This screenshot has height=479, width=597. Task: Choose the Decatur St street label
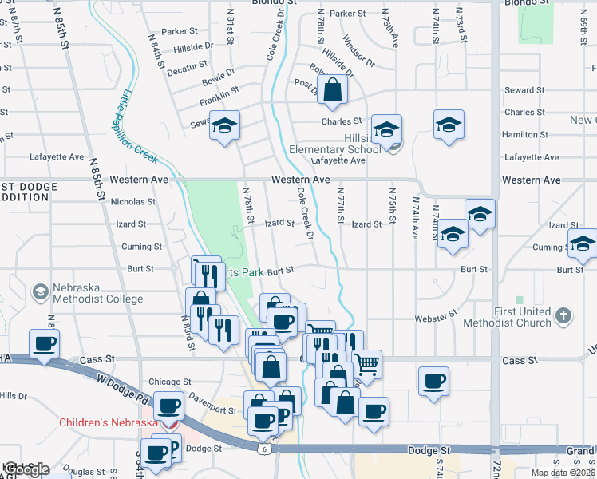click(x=187, y=72)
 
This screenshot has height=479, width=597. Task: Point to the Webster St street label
click(x=435, y=318)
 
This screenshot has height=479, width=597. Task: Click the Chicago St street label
click(x=169, y=382)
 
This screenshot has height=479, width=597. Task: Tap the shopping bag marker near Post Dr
click(x=332, y=91)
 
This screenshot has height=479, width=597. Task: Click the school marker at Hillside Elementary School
click(x=386, y=130)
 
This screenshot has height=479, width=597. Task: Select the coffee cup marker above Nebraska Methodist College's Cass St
click(x=44, y=345)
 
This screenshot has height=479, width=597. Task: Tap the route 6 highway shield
click(x=263, y=450)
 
